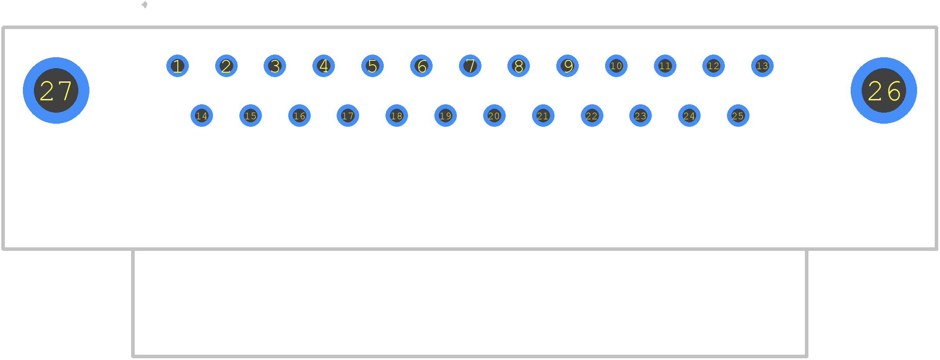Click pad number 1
[177, 66]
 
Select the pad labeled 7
[470, 66]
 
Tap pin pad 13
[762, 66]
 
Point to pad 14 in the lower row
[202, 116]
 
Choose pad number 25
[738, 116]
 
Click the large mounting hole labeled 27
[56, 90]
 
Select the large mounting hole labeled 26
[884, 90]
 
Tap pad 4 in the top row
[323, 66]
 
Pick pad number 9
[567, 66]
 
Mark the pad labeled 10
[616, 66]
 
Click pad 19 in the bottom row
[445, 116]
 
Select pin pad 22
[592, 116]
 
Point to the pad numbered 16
[299, 116]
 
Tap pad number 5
[372, 66]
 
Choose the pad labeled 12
[713, 66]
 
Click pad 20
[494, 116]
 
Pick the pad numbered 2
[226, 66]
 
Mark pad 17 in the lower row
[348, 116]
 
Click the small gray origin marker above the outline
[144, 5]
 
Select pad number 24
[689, 116]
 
